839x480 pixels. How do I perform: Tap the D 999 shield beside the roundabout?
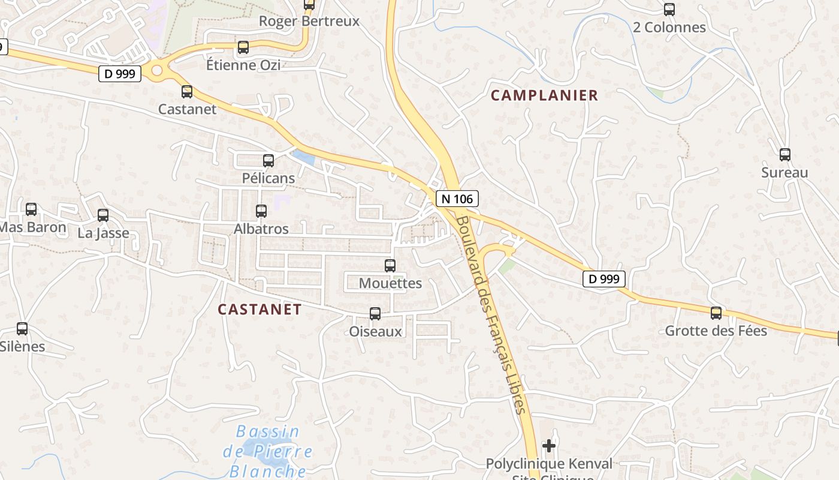coord(120,74)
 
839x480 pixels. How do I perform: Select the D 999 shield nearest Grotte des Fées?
coord(604,279)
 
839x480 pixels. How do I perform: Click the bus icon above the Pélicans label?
coord(268,161)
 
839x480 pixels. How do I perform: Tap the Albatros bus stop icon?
coord(261,211)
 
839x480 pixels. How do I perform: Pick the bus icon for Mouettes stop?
coord(390,265)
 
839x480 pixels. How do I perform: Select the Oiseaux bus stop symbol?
coord(375,313)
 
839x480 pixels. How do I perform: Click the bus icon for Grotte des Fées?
coord(716,313)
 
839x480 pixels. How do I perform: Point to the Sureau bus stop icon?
coord(785,155)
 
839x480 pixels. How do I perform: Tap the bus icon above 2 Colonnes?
coord(669,10)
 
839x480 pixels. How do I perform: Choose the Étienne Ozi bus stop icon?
coord(243,47)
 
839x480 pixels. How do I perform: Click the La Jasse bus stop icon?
coord(103,215)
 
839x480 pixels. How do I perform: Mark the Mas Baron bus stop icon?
coord(31,209)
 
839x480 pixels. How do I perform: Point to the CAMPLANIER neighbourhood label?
coord(544,95)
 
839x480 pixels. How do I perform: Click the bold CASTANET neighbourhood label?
coord(259,310)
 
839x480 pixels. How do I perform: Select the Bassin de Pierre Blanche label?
coord(268,451)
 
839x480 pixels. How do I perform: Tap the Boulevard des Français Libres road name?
coord(491,314)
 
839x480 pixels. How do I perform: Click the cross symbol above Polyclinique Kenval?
coord(548,446)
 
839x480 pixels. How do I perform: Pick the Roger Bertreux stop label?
coord(309,22)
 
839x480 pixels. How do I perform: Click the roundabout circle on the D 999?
coord(157,71)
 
